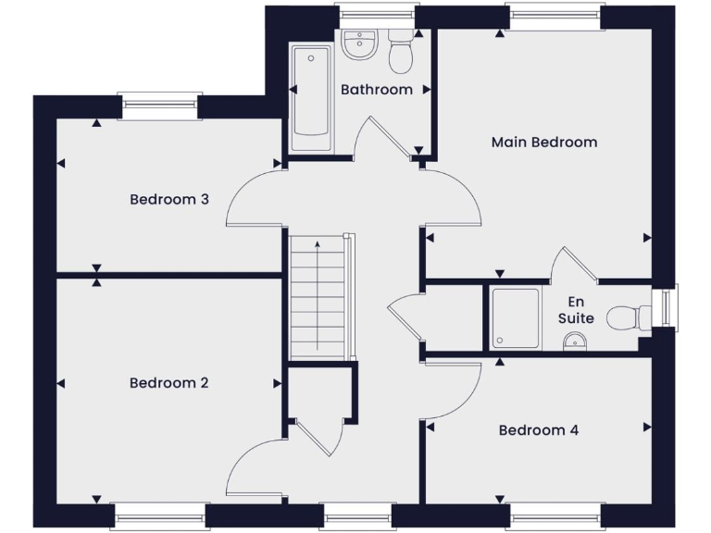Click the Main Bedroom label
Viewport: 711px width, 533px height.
[x=543, y=143]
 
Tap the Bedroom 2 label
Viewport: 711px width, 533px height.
[x=168, y=383]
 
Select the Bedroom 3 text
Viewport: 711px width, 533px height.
[x=168, y=199]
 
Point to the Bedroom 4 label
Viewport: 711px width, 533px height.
[x=538, y=430]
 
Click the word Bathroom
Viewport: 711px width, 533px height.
[x=376, y=90]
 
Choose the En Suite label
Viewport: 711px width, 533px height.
[x=576, y=310]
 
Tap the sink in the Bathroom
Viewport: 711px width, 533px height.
[x=358, y=44]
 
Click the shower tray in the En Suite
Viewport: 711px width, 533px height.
[x=516, y=317]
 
